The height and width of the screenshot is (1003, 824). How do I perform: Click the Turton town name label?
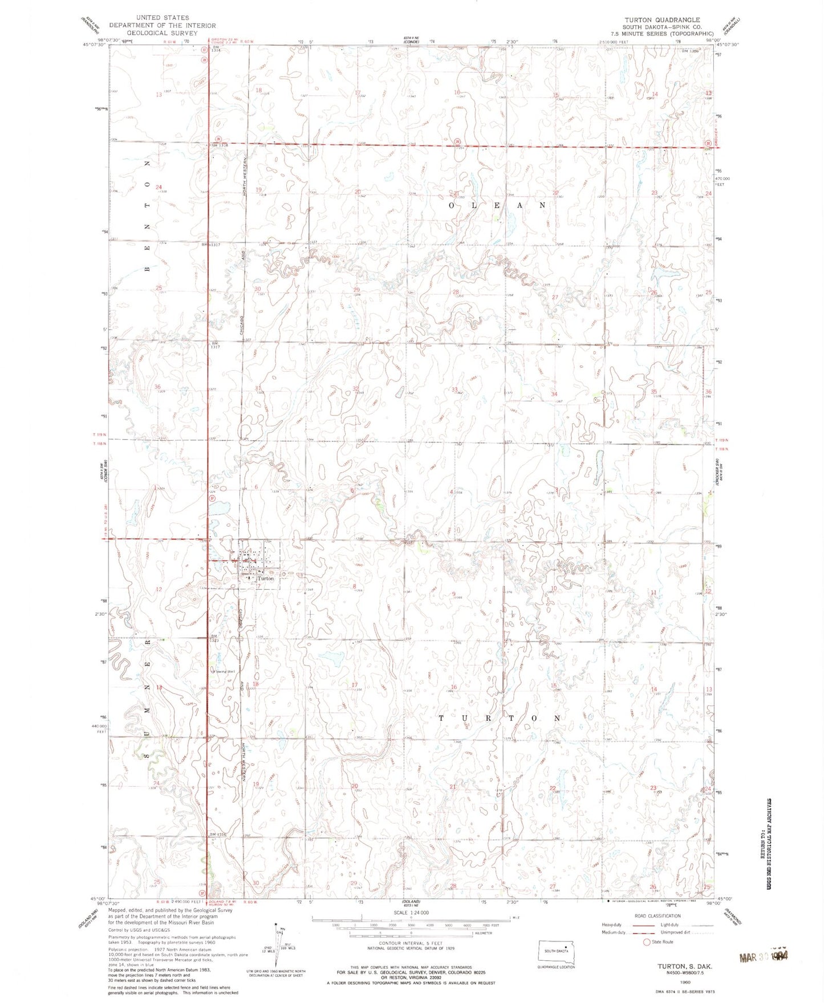(x=265, y=578)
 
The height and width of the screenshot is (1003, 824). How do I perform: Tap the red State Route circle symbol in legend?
(x=647, y=942)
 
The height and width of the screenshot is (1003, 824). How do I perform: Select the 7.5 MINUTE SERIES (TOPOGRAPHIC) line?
(x=661, y=34)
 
